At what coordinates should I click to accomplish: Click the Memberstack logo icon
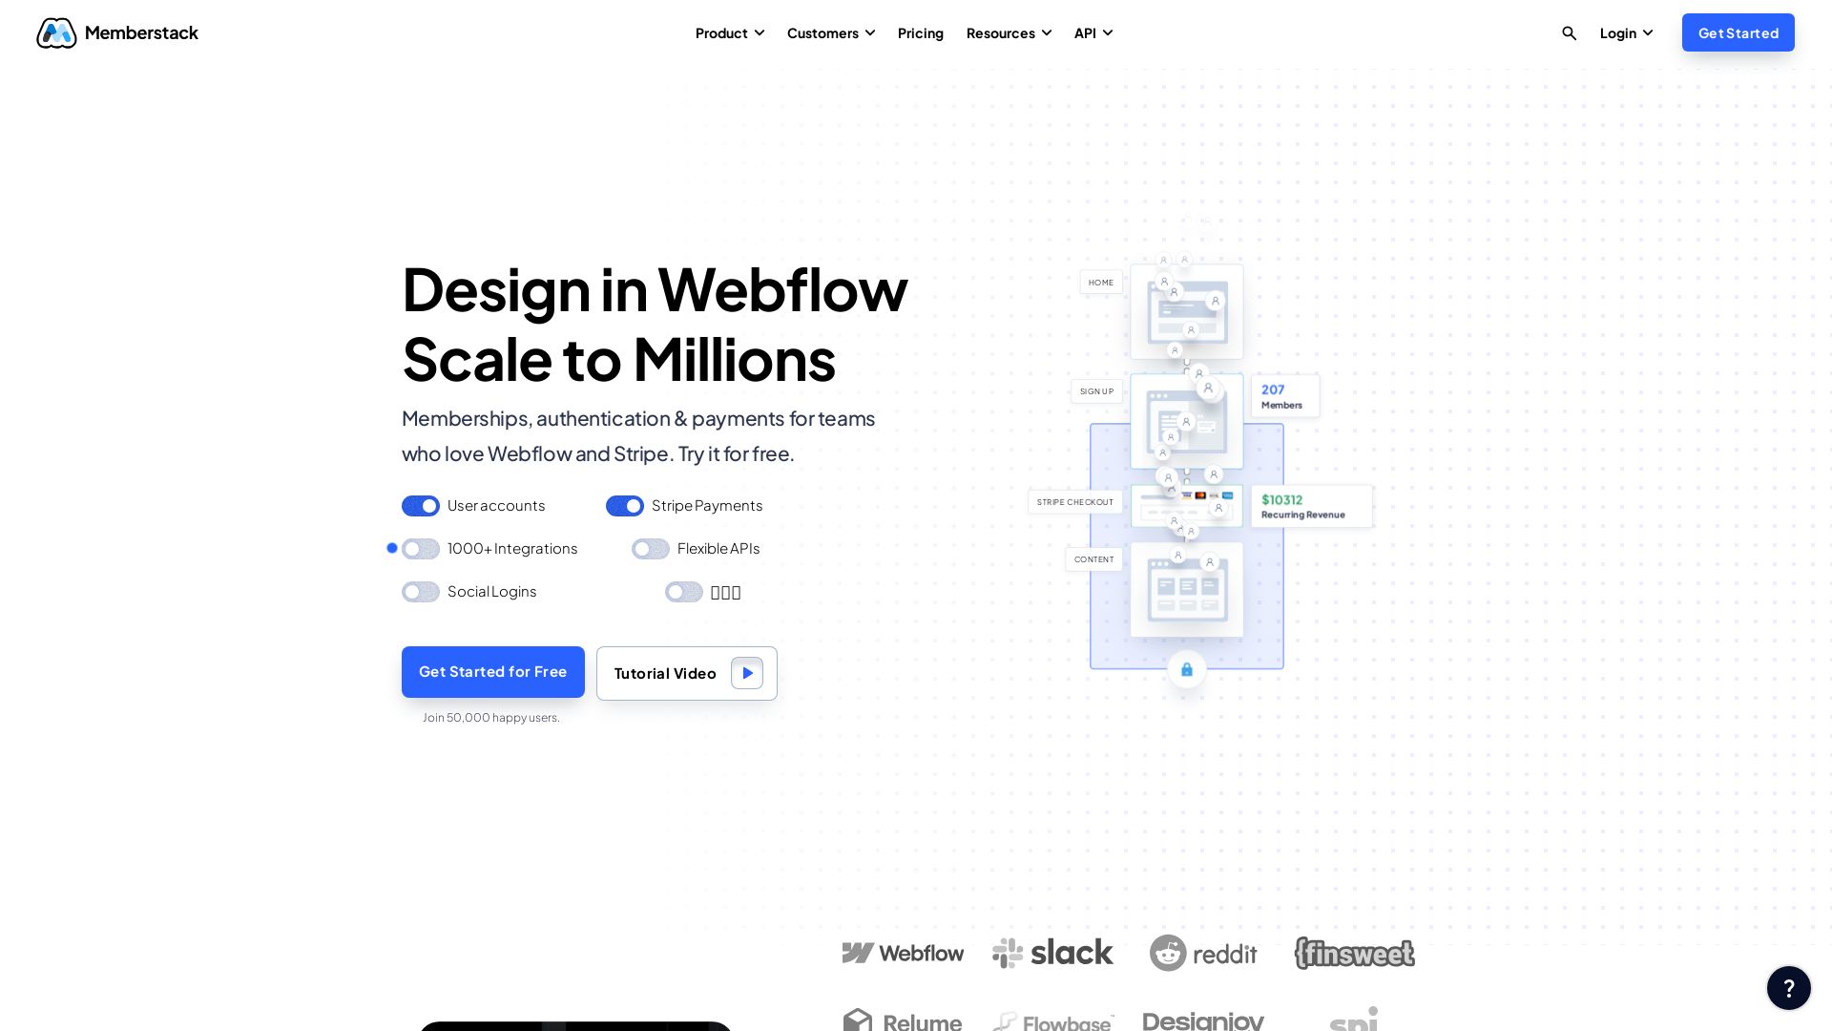pos(56,33)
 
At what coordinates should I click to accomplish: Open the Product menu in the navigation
pos(730,33)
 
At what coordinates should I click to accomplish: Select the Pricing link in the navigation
pos(920,33)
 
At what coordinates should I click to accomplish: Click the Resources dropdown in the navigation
pos(1009,33)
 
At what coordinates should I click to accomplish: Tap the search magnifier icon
pos(1569,33)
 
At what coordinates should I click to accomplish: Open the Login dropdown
pos(1626,33)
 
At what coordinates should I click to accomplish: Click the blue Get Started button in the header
pos(1738,33)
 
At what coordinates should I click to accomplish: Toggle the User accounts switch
pos(421,506)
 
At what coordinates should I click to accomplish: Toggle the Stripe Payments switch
pos(625,506)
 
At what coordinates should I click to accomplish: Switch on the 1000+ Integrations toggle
pos(421,549)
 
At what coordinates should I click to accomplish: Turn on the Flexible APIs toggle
pos(651,549)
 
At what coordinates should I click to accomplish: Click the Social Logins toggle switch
pos(421,592)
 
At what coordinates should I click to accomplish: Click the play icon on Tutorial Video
pos(747,673)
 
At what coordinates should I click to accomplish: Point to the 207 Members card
pos(1284,396)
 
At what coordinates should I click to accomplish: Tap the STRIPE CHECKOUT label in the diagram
pos(1074,502)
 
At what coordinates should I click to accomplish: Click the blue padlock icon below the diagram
pos(1187,669)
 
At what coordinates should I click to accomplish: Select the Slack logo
pos(1052,953)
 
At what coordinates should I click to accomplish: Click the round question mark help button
pos(1788,988)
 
